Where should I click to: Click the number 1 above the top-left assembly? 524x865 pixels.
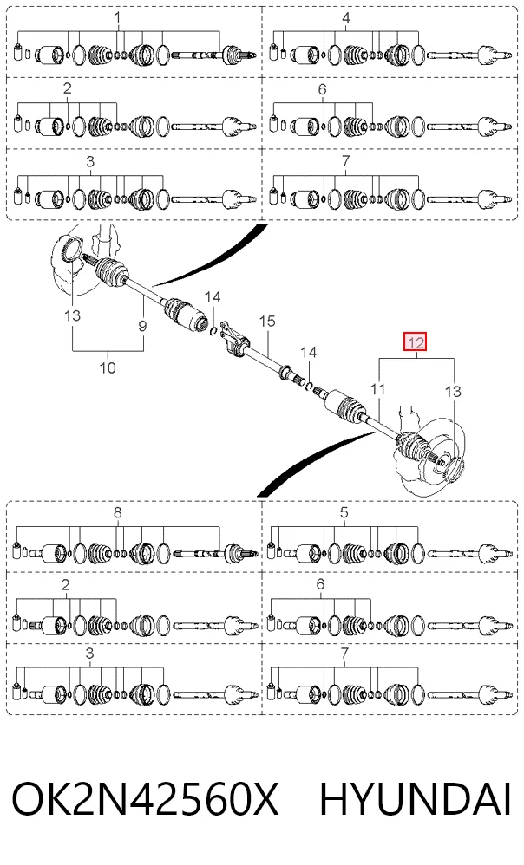pyautogui.click(x=117, y=18)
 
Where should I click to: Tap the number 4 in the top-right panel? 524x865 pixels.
pyautogui.click(x=345, y=18)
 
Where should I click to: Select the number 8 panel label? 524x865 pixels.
pyautogui.click(x=117, y=512)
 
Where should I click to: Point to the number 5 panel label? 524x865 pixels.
pyautogui.click(x=344, y=512)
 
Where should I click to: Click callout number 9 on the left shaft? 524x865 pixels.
pyautogui.click(x=143, y=326)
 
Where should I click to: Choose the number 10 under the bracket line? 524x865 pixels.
pyautogui.click(x=108, y=367)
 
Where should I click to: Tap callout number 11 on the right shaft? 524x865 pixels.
pyautogui.click(x=377, y=389)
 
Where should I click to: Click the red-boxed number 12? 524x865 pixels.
pyautogui.click(x=416, y=342)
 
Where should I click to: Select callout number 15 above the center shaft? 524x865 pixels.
pyautogui.click(x=266, y=321)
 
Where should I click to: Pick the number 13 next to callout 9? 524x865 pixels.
pyautogui.click(x=72, y=315)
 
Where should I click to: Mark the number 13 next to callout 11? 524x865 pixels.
pyautogui.click(x=453, y=391)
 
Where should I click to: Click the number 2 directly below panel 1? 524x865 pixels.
pyautogui.click(x=68, y=88)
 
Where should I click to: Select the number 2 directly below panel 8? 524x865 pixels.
pyautogui.click(x=66, y=584)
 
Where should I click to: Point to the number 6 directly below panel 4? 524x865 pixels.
pyautogui.click(x=322, y=88)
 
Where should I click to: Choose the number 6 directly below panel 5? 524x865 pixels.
pyautogui.click(x=321, y=584)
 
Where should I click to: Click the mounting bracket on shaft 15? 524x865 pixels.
pyautogui.click(x=231, y=339)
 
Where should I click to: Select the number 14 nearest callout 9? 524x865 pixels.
pyautogui.click(x=213, y=297)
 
